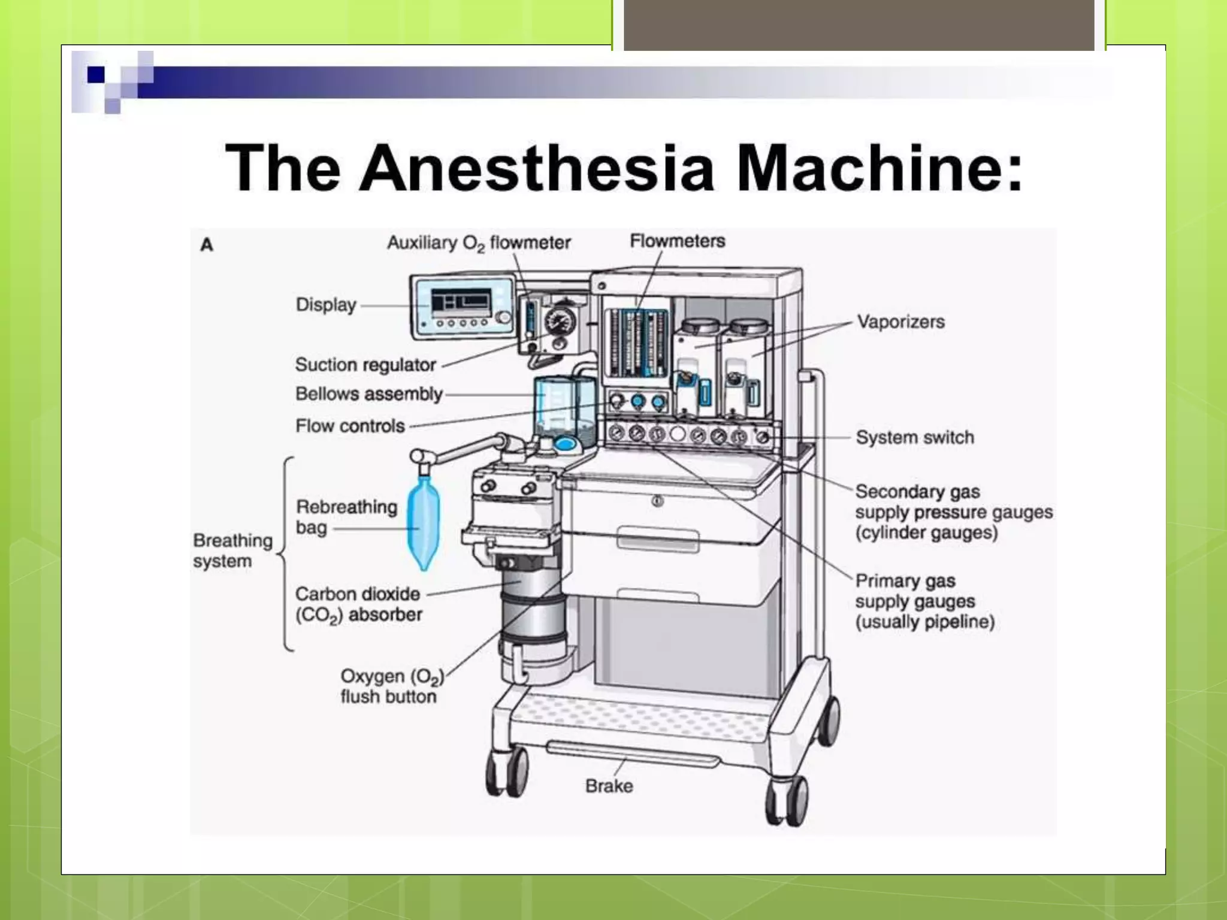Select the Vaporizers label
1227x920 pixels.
pos(900,322)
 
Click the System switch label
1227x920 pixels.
pos(915,437)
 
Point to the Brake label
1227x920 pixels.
pos(609,786)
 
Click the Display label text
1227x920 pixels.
pos(326,305)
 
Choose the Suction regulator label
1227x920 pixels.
pos(365,365)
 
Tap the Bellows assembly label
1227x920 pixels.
pos(368,394)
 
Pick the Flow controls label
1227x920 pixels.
pos(350,426)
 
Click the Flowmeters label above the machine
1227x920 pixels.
pos(677,241)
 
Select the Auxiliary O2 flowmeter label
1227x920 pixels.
pos(478,243)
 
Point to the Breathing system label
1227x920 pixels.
pos(232,550)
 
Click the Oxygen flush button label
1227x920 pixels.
pos(392,686)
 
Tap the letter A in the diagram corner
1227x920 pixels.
pos(207,245)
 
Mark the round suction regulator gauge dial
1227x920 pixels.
pos(560,322)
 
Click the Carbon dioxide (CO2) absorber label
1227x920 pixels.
pos(358,604)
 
